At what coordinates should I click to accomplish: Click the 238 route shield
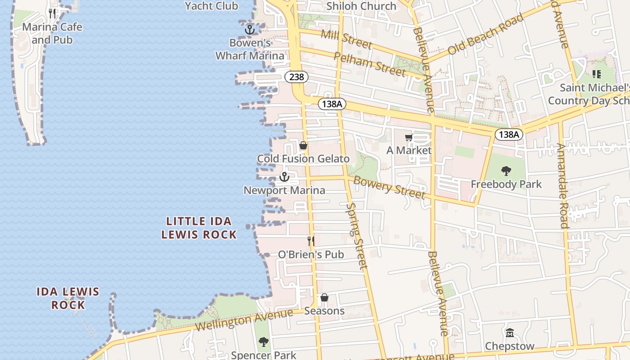297,77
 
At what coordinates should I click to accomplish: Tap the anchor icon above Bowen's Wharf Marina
250,30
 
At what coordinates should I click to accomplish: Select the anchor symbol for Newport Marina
284,177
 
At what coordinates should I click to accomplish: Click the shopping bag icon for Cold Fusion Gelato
303,145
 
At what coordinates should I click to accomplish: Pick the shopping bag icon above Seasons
324,297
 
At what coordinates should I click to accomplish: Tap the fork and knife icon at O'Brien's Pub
310,241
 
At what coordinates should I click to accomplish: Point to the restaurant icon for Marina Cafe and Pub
53,13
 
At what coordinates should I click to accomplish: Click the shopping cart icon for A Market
409,137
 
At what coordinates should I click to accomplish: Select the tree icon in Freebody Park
506,171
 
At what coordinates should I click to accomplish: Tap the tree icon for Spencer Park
263,342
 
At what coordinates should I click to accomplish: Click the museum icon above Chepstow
509,333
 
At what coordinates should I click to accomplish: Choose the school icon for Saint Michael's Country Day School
596,74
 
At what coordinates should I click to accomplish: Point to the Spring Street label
357,236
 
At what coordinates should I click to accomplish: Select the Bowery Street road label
389,187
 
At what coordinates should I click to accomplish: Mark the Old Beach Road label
486,34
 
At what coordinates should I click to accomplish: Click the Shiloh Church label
361,6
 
